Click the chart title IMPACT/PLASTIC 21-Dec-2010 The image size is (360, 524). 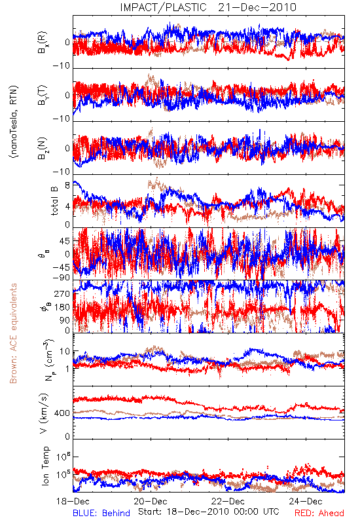pos(208,7)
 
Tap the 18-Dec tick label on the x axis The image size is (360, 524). pos(73,501)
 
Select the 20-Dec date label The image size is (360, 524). pos(151,501)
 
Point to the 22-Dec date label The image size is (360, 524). pos(228,501)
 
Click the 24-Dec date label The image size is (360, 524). pos(306,501)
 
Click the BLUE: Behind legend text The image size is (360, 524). pos(101,513)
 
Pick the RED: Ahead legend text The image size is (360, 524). pos(319,513)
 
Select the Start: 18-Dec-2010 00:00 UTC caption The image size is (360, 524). pos(209,512)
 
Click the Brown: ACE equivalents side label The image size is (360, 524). pos(13,333)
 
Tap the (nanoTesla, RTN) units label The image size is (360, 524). pos(14,122)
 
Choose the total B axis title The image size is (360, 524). pos(54,201)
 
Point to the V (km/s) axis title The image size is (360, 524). pos(44,413)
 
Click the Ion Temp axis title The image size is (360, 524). pos(45,466)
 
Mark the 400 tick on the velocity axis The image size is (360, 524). pos(62,413)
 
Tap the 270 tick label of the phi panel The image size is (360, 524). pos(62,293)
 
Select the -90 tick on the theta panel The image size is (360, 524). pos(62,278)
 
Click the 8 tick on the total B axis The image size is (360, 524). pos(67,185)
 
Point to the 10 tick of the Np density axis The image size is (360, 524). pos(65,352)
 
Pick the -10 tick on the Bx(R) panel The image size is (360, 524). pos(62,66)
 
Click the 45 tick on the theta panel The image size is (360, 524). pos(65,241)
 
